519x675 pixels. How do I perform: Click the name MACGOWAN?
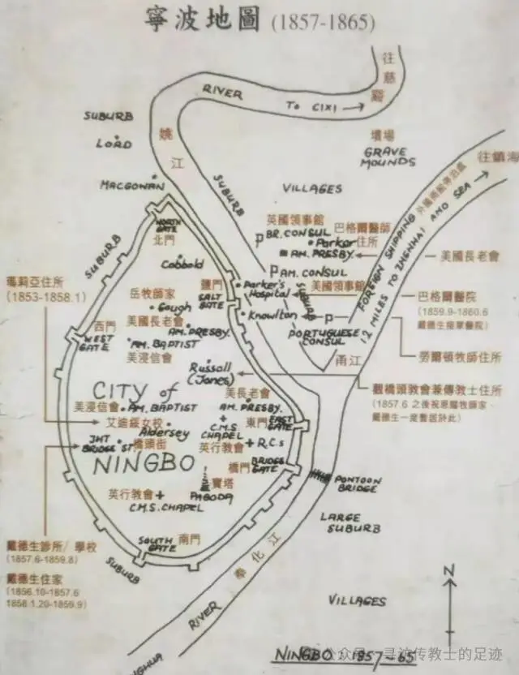(133, 185)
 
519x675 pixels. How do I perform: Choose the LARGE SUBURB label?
(350, 522)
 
